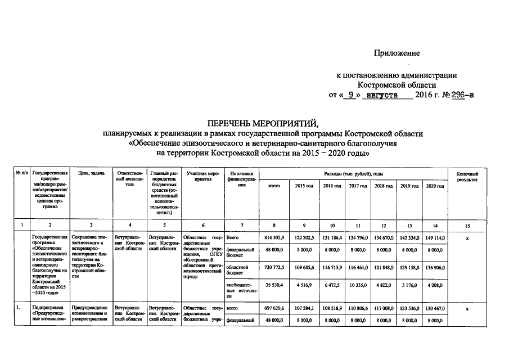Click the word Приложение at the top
(397, 53)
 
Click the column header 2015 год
(305, 186)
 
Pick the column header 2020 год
(435, 186)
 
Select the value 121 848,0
(384, 267)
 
